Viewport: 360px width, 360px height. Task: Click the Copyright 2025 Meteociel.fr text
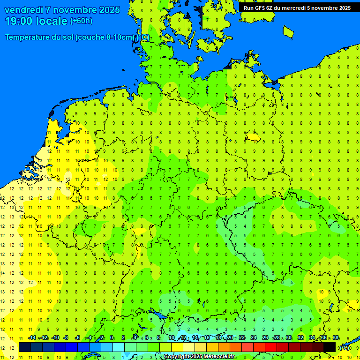(x=199, y=357)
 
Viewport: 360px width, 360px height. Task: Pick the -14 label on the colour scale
(x=31, y=338)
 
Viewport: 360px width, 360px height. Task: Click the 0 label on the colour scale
(x=112, y=338)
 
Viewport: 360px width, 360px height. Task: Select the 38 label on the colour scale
(x=336, y=338)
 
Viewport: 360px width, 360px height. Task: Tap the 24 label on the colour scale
(x=254, y=338)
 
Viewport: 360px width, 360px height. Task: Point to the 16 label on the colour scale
(x=206, y=338)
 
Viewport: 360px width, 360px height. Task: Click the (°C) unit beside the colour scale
(x=345, y=347)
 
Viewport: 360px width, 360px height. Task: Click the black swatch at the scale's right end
(x=330, y=347)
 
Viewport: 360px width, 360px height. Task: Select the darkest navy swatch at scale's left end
(x=25, y=347)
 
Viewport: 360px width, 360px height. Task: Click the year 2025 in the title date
(x=108, y=10)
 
